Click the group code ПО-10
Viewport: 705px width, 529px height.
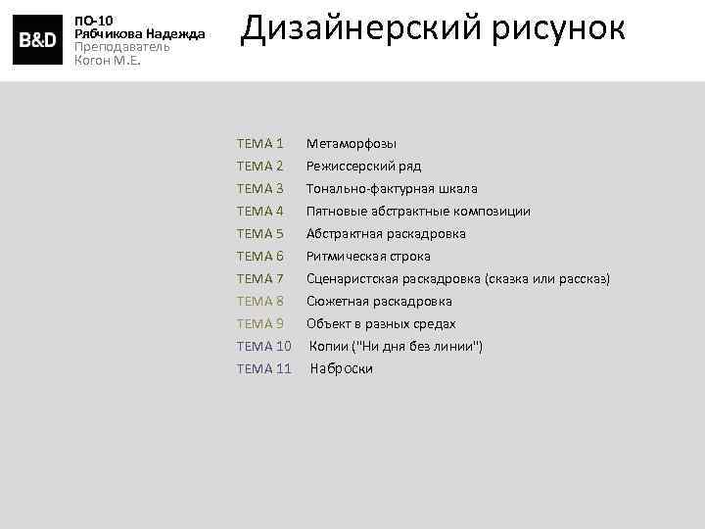click(94, 20)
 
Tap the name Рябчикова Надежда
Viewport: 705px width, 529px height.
click(139, 33)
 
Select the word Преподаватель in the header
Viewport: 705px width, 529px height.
click(122, 46)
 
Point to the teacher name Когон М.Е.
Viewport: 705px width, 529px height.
click(108, 60)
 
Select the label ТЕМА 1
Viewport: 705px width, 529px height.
click(259, 144)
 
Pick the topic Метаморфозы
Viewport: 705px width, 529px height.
click(351, 144)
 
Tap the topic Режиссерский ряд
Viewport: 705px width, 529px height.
click(363, 167)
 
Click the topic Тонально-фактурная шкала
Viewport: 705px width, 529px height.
click(392, 189)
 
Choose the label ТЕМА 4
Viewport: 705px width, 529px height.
click(259, 212)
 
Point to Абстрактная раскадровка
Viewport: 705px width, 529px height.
click(385, 234)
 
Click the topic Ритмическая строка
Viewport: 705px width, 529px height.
click(368, 257)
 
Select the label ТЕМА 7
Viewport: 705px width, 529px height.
click(259, 279)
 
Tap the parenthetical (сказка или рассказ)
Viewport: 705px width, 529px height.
click(546, 279)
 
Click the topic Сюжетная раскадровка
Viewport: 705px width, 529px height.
click(378, 302)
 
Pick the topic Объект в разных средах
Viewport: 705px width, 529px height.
click(381, 324)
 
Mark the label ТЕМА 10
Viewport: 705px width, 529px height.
click(263, 347)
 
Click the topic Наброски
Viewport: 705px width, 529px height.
click(342, 369)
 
